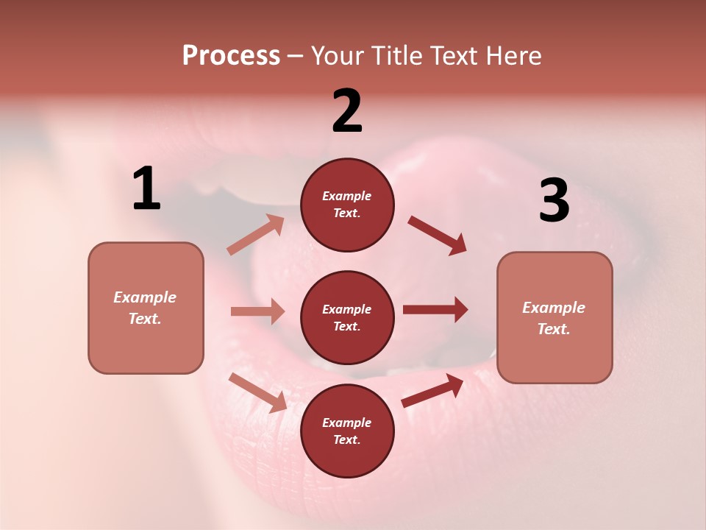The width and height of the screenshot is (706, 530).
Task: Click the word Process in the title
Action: click(x=231, y=56)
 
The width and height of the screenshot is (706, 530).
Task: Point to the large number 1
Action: click(x=146, y=189)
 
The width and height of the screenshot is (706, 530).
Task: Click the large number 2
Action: click(x=347, y=111)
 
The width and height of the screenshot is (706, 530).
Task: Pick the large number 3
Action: click(x=554, y=200)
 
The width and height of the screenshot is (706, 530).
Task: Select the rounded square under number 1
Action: click(x=146, y=308)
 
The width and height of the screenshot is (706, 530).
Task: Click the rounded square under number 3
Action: click(x=555, y=318)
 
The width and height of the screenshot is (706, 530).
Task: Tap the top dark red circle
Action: click(x=347, y=205)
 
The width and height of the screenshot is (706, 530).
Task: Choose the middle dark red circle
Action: click(x=347, y=317)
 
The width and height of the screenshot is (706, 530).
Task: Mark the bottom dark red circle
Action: click(x=347, y=431)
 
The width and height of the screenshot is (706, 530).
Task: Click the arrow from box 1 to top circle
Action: click(x=256, y=234)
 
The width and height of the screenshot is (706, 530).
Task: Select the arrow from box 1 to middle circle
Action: click(x=257, y=311)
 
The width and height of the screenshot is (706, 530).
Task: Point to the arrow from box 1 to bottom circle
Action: click(x=258, y=392)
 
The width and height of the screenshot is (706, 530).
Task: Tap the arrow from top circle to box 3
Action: click(x=438, y=235)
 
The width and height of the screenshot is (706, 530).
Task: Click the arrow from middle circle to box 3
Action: click(x=435, y=309)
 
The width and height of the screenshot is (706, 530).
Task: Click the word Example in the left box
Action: click(x=145, y=297)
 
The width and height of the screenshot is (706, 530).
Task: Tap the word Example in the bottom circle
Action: click(x=346, y=423)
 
